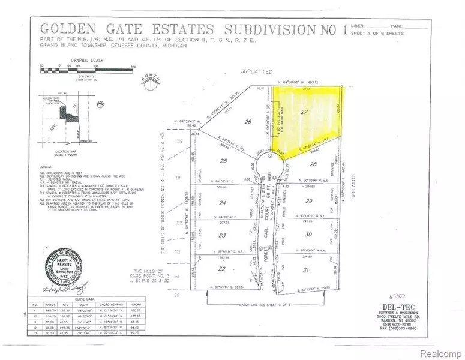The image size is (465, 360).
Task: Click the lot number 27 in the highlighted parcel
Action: pyautogui.click(x=304, y=112)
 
